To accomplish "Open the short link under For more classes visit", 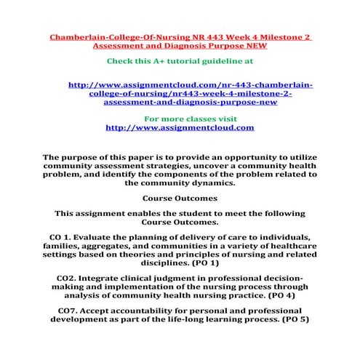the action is tap(180, 127).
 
